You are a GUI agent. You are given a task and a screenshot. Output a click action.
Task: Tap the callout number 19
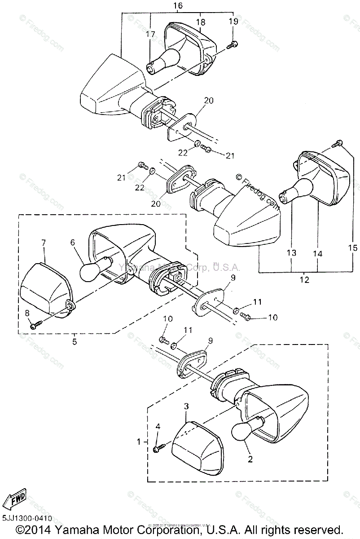(x=234, y=21)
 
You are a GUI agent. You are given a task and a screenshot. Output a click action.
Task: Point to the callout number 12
(x=304, y=280)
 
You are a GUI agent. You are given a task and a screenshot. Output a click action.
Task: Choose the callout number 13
(x=291, y=253)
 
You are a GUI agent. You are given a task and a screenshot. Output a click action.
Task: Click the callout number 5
(x=74, y=341)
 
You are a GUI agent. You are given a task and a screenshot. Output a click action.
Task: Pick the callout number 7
(x=44, y=243)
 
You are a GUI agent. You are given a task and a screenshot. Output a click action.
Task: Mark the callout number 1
(x=138, y=442)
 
